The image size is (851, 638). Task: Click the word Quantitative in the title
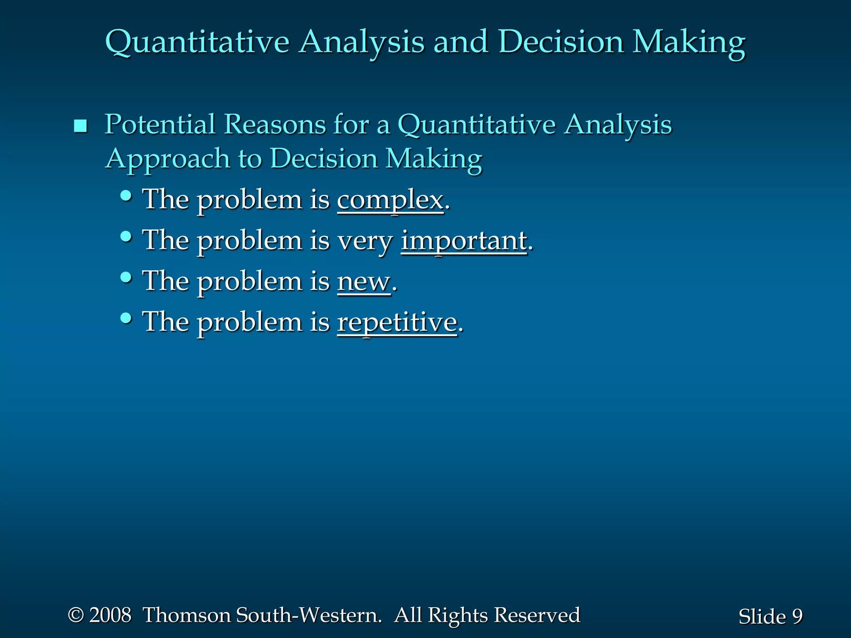[197, 43]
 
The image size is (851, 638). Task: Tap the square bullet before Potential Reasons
[80, 126]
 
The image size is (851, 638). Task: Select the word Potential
[160, 124]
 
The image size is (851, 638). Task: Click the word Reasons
[275, 124]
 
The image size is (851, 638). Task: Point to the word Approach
[167, 159]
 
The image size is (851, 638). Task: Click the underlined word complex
[390, 200]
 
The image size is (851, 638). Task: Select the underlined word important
[464, 241]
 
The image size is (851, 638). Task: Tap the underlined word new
[364, 282]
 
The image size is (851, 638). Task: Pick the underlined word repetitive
[397, 323]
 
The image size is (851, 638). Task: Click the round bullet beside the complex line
[126, 196]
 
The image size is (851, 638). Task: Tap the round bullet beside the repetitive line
[126, 318]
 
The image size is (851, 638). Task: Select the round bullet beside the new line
[126, 277]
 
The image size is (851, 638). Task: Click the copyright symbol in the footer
[76, 615]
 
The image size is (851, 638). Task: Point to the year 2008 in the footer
[110, 615]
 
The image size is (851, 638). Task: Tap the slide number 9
[797, 616]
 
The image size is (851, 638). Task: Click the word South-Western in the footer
[308, 615]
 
